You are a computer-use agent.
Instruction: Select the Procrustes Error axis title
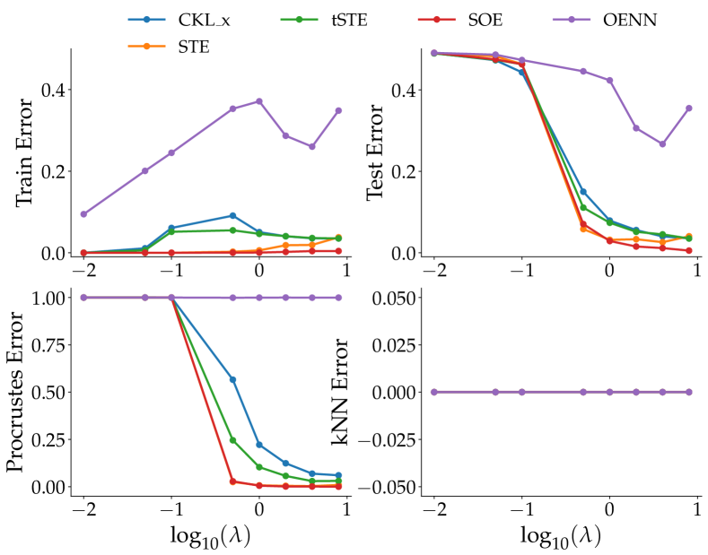pos(20,392)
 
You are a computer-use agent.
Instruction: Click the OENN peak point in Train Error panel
pos(259,101)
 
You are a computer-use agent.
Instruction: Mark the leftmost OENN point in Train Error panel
pos(83,214)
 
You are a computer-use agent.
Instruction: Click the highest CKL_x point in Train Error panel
pos(232,215)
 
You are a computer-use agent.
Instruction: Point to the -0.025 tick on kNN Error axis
pos(391,439)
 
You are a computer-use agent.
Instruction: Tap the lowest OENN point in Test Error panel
pos(662,144)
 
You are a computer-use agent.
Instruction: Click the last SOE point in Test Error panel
pos(688,251)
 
